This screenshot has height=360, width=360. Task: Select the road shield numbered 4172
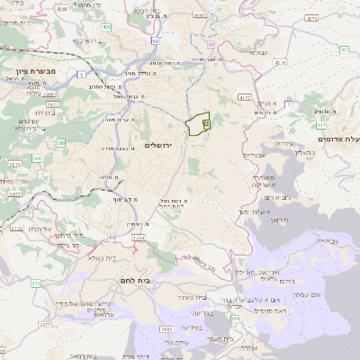[x=246, y=96]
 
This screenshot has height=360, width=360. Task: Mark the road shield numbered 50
[x=156, y=41]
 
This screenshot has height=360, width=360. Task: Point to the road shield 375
[x=36, y=283]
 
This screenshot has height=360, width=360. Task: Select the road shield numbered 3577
[x=14, y=193]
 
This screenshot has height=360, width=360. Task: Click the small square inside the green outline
[x=206, y=121]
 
